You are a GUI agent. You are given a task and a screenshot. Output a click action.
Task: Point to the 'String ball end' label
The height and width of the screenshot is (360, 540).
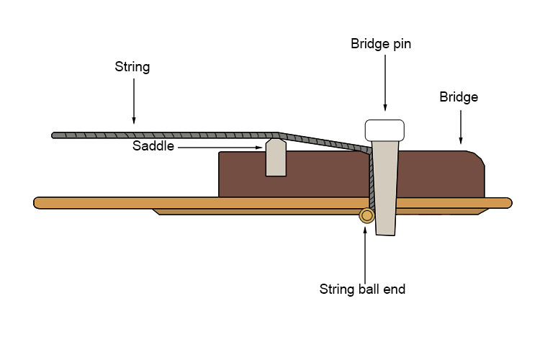pos(362,289)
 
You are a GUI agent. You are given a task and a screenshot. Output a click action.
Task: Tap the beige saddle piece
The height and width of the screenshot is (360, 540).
pos(276,159)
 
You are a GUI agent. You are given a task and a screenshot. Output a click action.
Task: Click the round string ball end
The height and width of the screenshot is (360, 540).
pos(367,215)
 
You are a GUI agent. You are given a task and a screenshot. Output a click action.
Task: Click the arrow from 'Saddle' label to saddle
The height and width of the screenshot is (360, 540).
pos(220,147)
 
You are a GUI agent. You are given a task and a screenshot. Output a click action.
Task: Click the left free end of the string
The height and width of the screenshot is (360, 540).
pos(55,135)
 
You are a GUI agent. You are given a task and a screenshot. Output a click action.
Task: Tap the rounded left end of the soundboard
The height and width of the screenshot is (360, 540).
pos(38,202)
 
